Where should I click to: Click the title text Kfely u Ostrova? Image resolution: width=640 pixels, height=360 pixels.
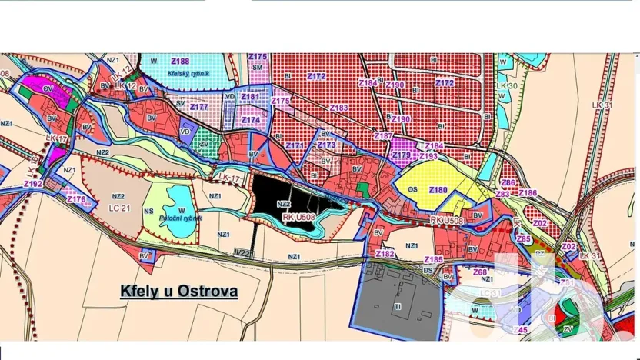(178, 292)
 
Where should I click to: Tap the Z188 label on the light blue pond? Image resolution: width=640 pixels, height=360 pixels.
(180, 61)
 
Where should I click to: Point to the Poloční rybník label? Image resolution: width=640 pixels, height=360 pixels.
(182, 218)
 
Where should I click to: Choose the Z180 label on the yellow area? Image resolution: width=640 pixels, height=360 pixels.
(438, 189)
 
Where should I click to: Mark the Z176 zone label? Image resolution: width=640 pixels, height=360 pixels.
(77, 199)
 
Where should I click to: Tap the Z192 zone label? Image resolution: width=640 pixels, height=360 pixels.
(33, 184)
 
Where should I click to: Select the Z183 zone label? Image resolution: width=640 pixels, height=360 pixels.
(339, 108)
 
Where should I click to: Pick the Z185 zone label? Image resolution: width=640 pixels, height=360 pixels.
(434, 259)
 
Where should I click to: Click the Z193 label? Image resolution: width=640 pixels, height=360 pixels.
(428, 156)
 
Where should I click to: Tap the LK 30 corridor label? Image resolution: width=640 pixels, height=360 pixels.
(507, 85)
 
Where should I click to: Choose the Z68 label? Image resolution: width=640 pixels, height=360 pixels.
(480, 272)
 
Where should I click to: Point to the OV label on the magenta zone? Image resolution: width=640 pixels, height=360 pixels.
(48, 88)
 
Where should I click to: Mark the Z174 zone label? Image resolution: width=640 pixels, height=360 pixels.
(251, 120)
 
